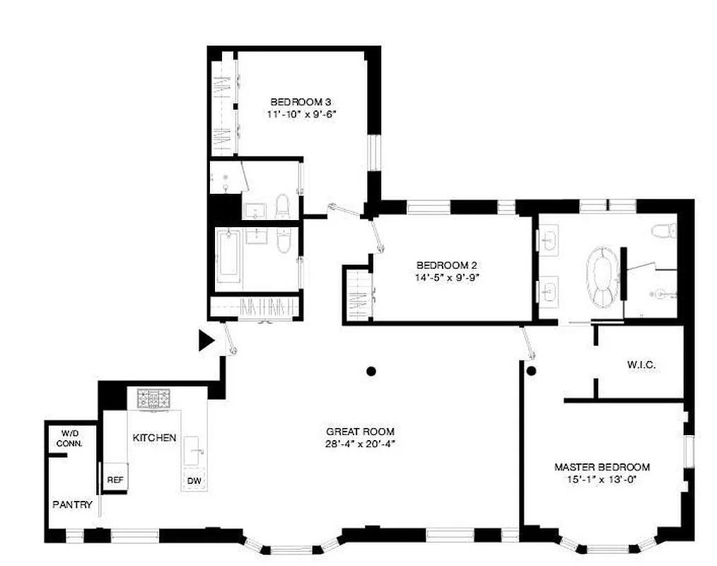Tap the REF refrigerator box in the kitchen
(115, 480)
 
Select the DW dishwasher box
(194, 480)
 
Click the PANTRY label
(72, 504)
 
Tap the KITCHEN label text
(154, 438)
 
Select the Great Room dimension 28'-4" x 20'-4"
(360, 444)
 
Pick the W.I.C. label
(641, 365)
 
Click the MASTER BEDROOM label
(602, 467)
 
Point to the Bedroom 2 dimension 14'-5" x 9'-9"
(448, 277)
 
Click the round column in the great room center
(371, 370)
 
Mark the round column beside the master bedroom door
(531, 370)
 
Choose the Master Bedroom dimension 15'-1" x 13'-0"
(602, 479)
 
